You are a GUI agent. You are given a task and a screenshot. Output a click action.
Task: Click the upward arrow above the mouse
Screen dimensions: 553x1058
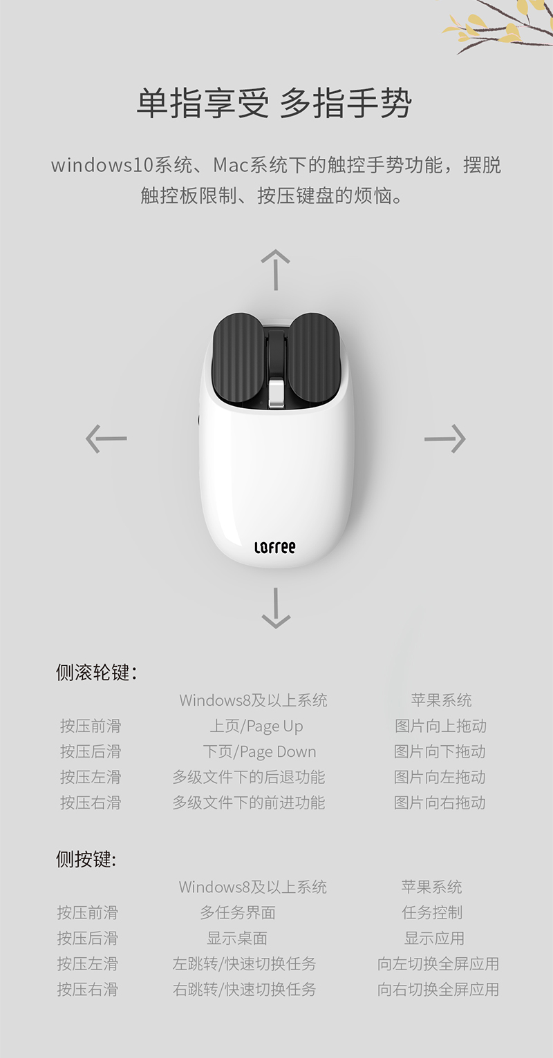[276, 269]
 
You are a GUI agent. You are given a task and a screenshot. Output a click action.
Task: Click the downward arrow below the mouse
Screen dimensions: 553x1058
[276, 608]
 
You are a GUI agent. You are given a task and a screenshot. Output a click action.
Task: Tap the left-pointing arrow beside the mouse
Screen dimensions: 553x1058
[106, 439]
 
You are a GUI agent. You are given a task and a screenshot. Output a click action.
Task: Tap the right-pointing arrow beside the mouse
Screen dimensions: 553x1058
[444, 439]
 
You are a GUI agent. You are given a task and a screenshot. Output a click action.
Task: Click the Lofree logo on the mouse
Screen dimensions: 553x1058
[274, 548]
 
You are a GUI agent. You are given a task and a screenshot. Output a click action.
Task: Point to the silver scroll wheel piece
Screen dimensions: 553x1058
[276, 394]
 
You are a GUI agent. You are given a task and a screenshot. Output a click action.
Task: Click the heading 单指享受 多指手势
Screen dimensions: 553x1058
[274, 103]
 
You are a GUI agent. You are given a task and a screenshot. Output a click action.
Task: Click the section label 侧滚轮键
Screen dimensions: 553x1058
[96, 673]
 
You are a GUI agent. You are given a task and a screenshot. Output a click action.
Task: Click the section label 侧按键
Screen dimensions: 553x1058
[86, 859]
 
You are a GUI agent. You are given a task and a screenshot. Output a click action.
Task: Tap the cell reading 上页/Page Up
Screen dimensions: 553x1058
[256, 727]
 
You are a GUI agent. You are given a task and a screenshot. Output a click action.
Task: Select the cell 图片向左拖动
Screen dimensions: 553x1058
[440, 777]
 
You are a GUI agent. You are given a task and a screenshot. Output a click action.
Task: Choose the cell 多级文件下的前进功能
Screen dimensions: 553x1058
[249, 802]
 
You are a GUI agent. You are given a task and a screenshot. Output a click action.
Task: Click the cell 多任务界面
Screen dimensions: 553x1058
[238, 912]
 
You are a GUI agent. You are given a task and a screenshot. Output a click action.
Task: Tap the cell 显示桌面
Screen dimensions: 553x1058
[237, 938]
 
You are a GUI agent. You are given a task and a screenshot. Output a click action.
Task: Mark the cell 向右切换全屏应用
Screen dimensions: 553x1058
[438, 989]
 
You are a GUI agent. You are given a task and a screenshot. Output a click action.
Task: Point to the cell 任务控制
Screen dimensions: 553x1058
[433, 912]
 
